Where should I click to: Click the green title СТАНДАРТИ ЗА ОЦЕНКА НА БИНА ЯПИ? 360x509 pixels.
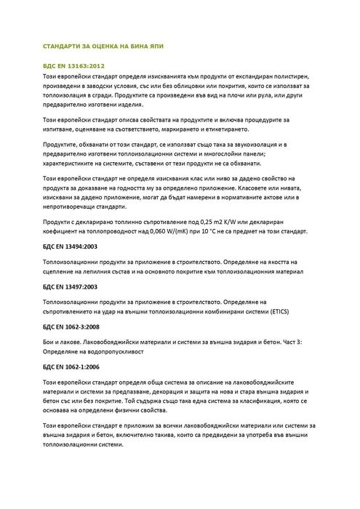click(x=105, y=45)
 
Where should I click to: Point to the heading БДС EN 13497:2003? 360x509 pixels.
click(x=71, y=286)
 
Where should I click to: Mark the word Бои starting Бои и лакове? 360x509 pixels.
click(x=51, y=341)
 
